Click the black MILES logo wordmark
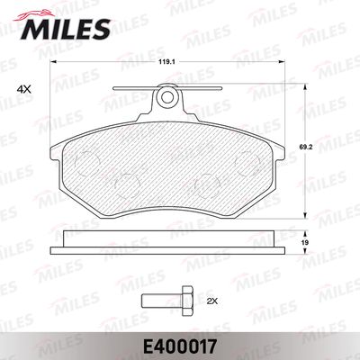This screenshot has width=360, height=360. point(66,29)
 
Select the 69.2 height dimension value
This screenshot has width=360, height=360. point(305,148)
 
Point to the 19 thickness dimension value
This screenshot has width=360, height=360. point(305,242)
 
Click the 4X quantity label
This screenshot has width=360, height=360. point(24,89)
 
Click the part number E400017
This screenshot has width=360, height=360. point(180,346)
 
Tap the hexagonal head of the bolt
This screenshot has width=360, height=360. point(187,301)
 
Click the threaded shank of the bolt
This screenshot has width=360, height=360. point(162,301)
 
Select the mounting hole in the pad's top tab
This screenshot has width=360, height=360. point(166,96)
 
